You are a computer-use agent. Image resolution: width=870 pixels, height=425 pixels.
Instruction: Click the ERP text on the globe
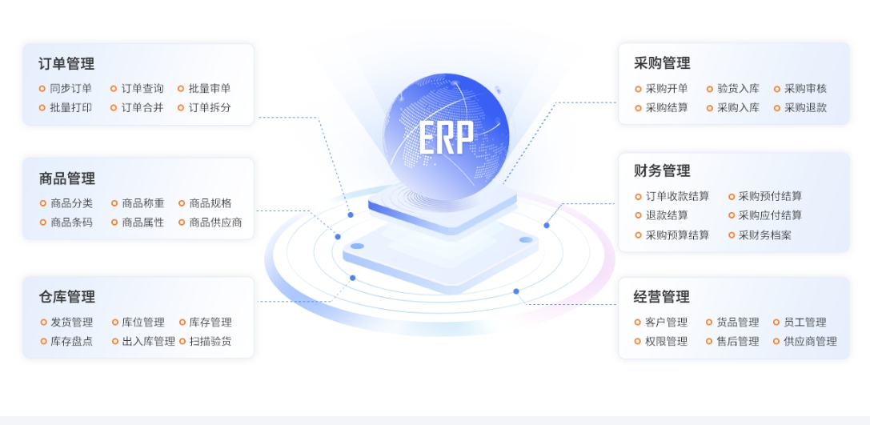coord(446,138)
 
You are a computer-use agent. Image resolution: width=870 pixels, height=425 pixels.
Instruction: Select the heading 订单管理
coord(66,64)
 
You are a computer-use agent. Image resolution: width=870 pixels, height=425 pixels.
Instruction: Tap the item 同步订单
coord(71,88)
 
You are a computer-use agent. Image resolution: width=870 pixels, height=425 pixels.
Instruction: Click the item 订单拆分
coord(210,107)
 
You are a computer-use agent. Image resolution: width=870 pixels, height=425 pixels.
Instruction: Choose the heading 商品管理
coord(66,178)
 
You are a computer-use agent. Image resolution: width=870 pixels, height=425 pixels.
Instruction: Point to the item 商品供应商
coord(215,223)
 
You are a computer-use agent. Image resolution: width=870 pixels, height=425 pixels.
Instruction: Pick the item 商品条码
coord(71,223)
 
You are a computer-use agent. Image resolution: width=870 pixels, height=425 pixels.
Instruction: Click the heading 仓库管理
coord(66,297)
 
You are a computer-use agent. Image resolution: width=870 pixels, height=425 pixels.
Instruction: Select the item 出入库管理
coord(148,341)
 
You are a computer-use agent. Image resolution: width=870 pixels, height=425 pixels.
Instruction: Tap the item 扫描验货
coord(210,341)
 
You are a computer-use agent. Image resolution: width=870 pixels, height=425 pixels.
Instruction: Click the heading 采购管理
coord(662,63)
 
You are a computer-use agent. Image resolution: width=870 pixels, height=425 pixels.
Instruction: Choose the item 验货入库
coord(739,89)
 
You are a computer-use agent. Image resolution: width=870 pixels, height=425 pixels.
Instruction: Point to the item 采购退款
coord(806,107)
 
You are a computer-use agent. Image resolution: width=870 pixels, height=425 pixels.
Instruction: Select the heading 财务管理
coord(662,171)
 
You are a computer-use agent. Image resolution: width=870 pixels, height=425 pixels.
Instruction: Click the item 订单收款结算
coord(677,196)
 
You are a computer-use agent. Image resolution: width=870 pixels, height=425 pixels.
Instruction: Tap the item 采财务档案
coord(764,235)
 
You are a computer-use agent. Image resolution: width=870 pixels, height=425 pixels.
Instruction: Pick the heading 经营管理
coord(661,297)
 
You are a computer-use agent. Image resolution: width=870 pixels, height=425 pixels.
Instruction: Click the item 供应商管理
coord(810,341)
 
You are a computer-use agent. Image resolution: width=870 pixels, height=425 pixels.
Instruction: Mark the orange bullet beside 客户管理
coord(638,322)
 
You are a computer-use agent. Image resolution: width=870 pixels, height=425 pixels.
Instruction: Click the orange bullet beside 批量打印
coord(42,107)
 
